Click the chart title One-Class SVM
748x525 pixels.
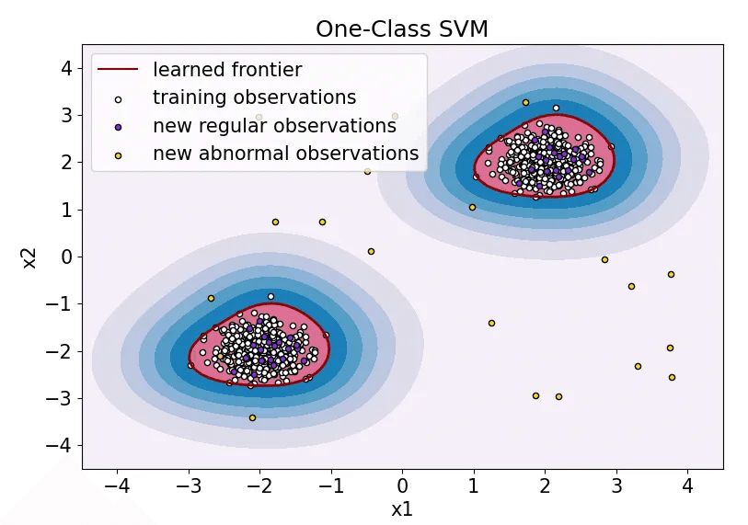pyautogui.click(x=401, y=29)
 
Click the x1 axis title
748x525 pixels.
pyautogui.click(x=402, y=508)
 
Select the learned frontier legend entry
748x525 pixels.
pyautogui.click(x=226, y=69)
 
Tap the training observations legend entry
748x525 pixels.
pyautogui.click(x=254, y=97)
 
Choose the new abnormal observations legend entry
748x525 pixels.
pyautogui.click(x=285, y=154)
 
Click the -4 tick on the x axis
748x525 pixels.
pyautogui.click(x=118, y=484)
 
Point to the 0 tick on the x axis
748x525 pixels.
pyautogui.click(x=403, y=484)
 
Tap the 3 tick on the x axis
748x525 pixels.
pyautogui.click(x=616, y=484)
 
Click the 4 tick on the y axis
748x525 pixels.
pyautogui.click(x=66, y=67)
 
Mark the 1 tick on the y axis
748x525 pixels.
pyautogui.click(x=66, y=209)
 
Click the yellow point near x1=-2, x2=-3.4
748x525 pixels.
pyautogui.click(x=252, y=417)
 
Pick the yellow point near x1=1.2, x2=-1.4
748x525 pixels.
pyautogui.click(x=491, y=323)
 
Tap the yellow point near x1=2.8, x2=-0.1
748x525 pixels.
pyautogui.click(x=604, y=259)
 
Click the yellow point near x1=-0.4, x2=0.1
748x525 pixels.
pyautogui.click(x=371, y=251)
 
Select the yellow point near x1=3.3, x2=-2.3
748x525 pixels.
pyautogui.click(x=638, y=366)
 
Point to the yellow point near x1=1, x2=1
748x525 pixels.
pyautogui.click(x=472, y=207)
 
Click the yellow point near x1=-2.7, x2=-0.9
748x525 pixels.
pyautogui.click(x=211, y=298)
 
